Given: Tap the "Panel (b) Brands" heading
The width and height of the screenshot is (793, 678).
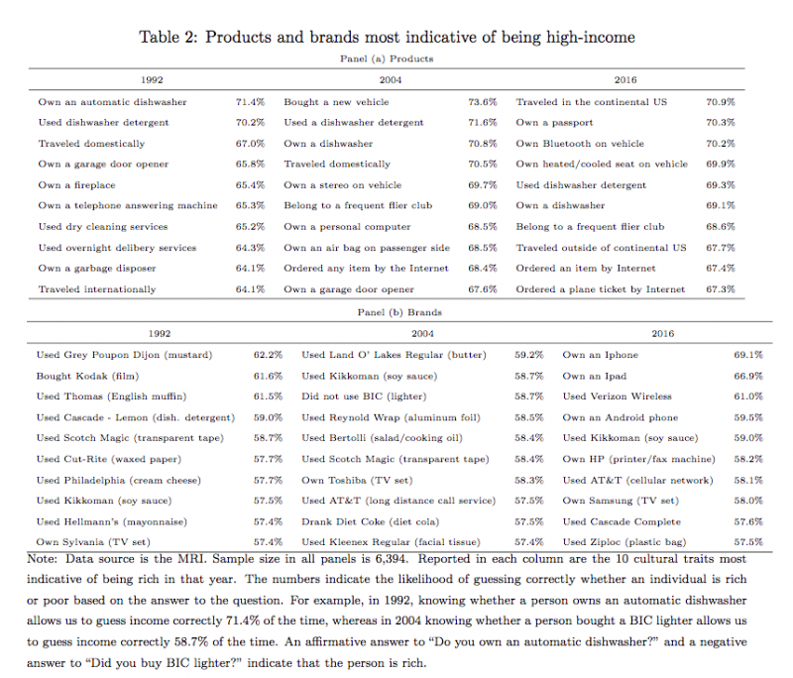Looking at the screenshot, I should click(x=396, y=312).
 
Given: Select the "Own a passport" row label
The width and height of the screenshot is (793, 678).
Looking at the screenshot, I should click(x=554, y=123).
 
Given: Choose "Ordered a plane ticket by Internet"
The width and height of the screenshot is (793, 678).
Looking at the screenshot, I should click(x=600, y=289).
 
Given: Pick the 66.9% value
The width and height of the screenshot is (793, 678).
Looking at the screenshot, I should click(x=747, y=376).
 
